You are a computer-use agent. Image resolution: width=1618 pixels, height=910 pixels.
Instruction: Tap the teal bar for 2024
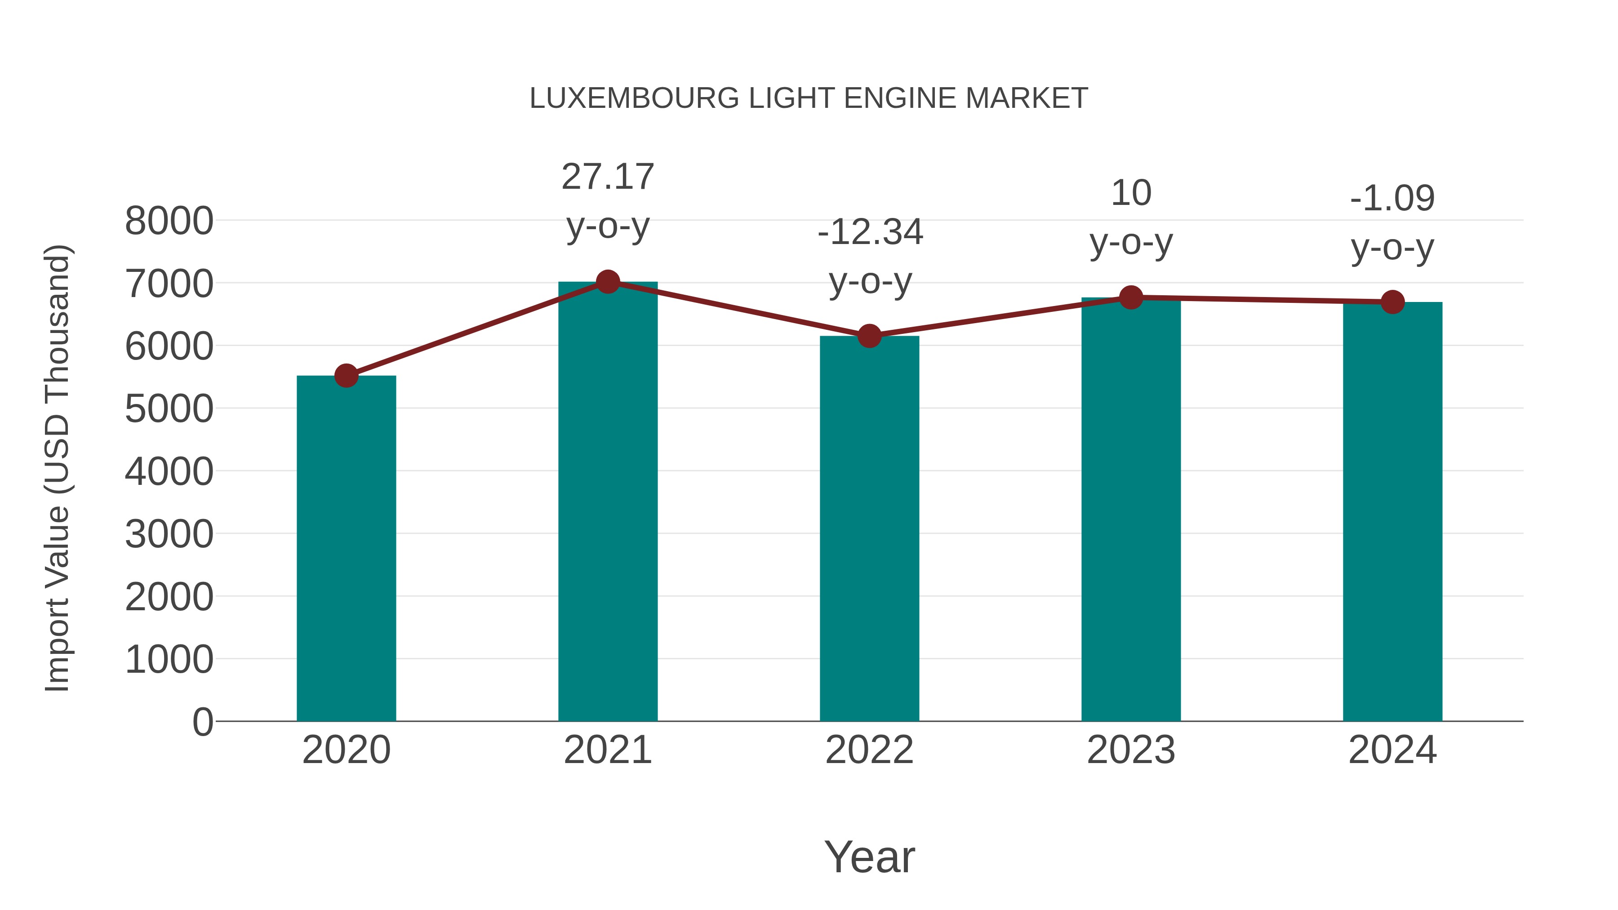tap(1392, 511)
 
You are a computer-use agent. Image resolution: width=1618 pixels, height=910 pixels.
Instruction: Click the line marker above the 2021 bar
tap(607, 282)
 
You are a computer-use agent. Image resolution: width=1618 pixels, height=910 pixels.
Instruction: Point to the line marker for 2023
tap(1131, 297)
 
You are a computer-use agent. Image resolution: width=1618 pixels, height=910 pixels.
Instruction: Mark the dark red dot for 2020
tap(346, 376)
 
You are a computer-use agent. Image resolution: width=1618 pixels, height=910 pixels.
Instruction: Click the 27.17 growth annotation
tap(607, 177)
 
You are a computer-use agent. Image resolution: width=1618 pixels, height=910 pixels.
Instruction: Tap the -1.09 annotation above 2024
tap(1392, 199)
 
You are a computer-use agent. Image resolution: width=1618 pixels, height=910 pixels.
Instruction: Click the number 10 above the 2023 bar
tap(1131, 193)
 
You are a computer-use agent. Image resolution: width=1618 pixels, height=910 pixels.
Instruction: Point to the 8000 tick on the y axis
tap(169, 221)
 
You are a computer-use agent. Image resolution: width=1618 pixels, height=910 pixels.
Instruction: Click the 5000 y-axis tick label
tap(169, 409)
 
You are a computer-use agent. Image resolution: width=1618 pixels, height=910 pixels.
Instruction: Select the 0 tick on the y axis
tap(202, 722)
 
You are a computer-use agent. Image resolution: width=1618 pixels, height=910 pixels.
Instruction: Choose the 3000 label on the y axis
tap(169, 534)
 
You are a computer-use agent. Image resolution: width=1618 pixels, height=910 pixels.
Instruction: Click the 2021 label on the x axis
tap(607, 750)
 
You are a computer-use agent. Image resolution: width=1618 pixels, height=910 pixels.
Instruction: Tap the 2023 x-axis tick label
tap(1131, 750)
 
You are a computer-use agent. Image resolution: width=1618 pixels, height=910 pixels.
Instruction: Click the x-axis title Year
tap(869, 857)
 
